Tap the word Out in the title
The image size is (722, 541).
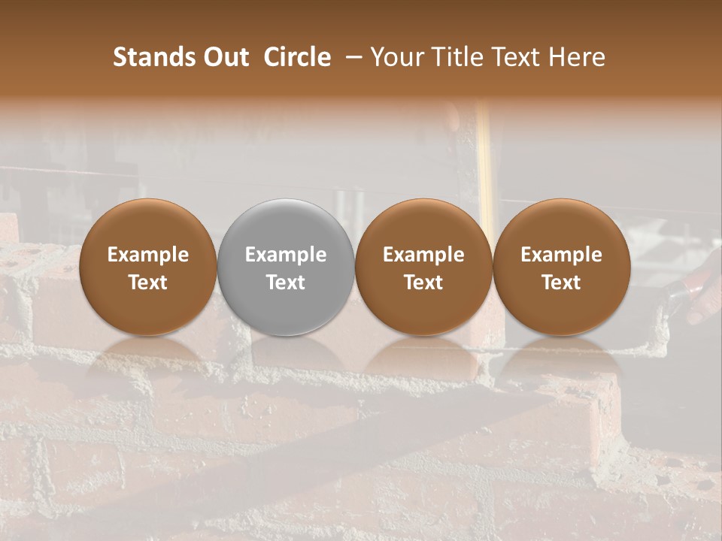point(224,57)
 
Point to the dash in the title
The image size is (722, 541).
point(350,57)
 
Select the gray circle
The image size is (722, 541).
point(286,267)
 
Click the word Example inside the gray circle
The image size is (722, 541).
point(286,255)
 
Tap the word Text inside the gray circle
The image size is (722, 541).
point(286,283)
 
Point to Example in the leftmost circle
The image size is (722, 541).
point(148,255)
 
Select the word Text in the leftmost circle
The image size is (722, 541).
point(148,283)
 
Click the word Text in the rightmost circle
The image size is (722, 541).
point(561,283)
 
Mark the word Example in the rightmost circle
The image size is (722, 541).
point(561,255)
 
